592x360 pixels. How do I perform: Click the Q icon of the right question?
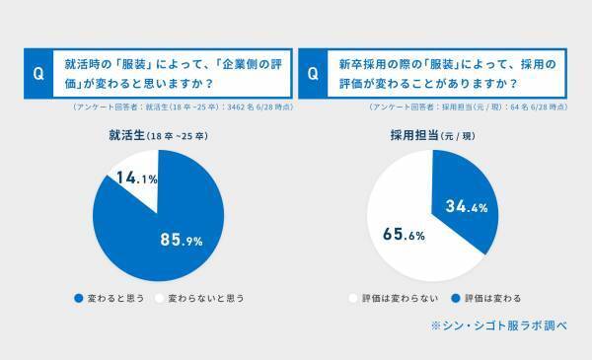coord(313,72)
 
